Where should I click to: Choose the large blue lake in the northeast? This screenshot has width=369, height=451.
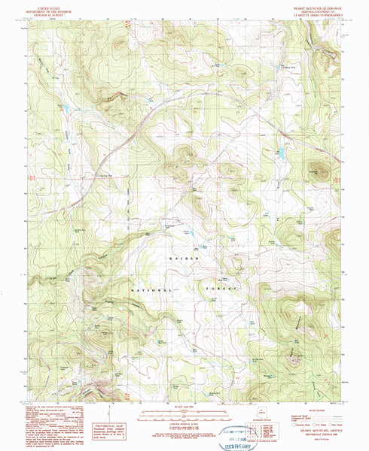(x=279, y=155)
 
